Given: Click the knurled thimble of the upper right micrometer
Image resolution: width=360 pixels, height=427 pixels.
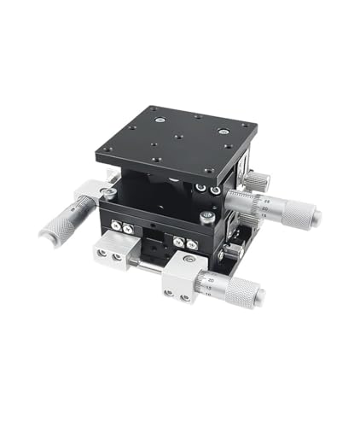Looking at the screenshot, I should [293, 209].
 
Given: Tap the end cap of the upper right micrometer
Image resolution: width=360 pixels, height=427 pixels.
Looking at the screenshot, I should [316, 216].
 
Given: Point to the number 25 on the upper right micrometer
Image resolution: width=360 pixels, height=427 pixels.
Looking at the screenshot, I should [264, 199].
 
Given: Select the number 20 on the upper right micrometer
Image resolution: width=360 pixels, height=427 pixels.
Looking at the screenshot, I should [264, 208].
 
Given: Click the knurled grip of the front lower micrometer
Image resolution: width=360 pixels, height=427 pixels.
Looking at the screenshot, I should [241, 290].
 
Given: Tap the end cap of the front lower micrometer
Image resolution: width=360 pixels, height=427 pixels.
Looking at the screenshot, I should [261, 295].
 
